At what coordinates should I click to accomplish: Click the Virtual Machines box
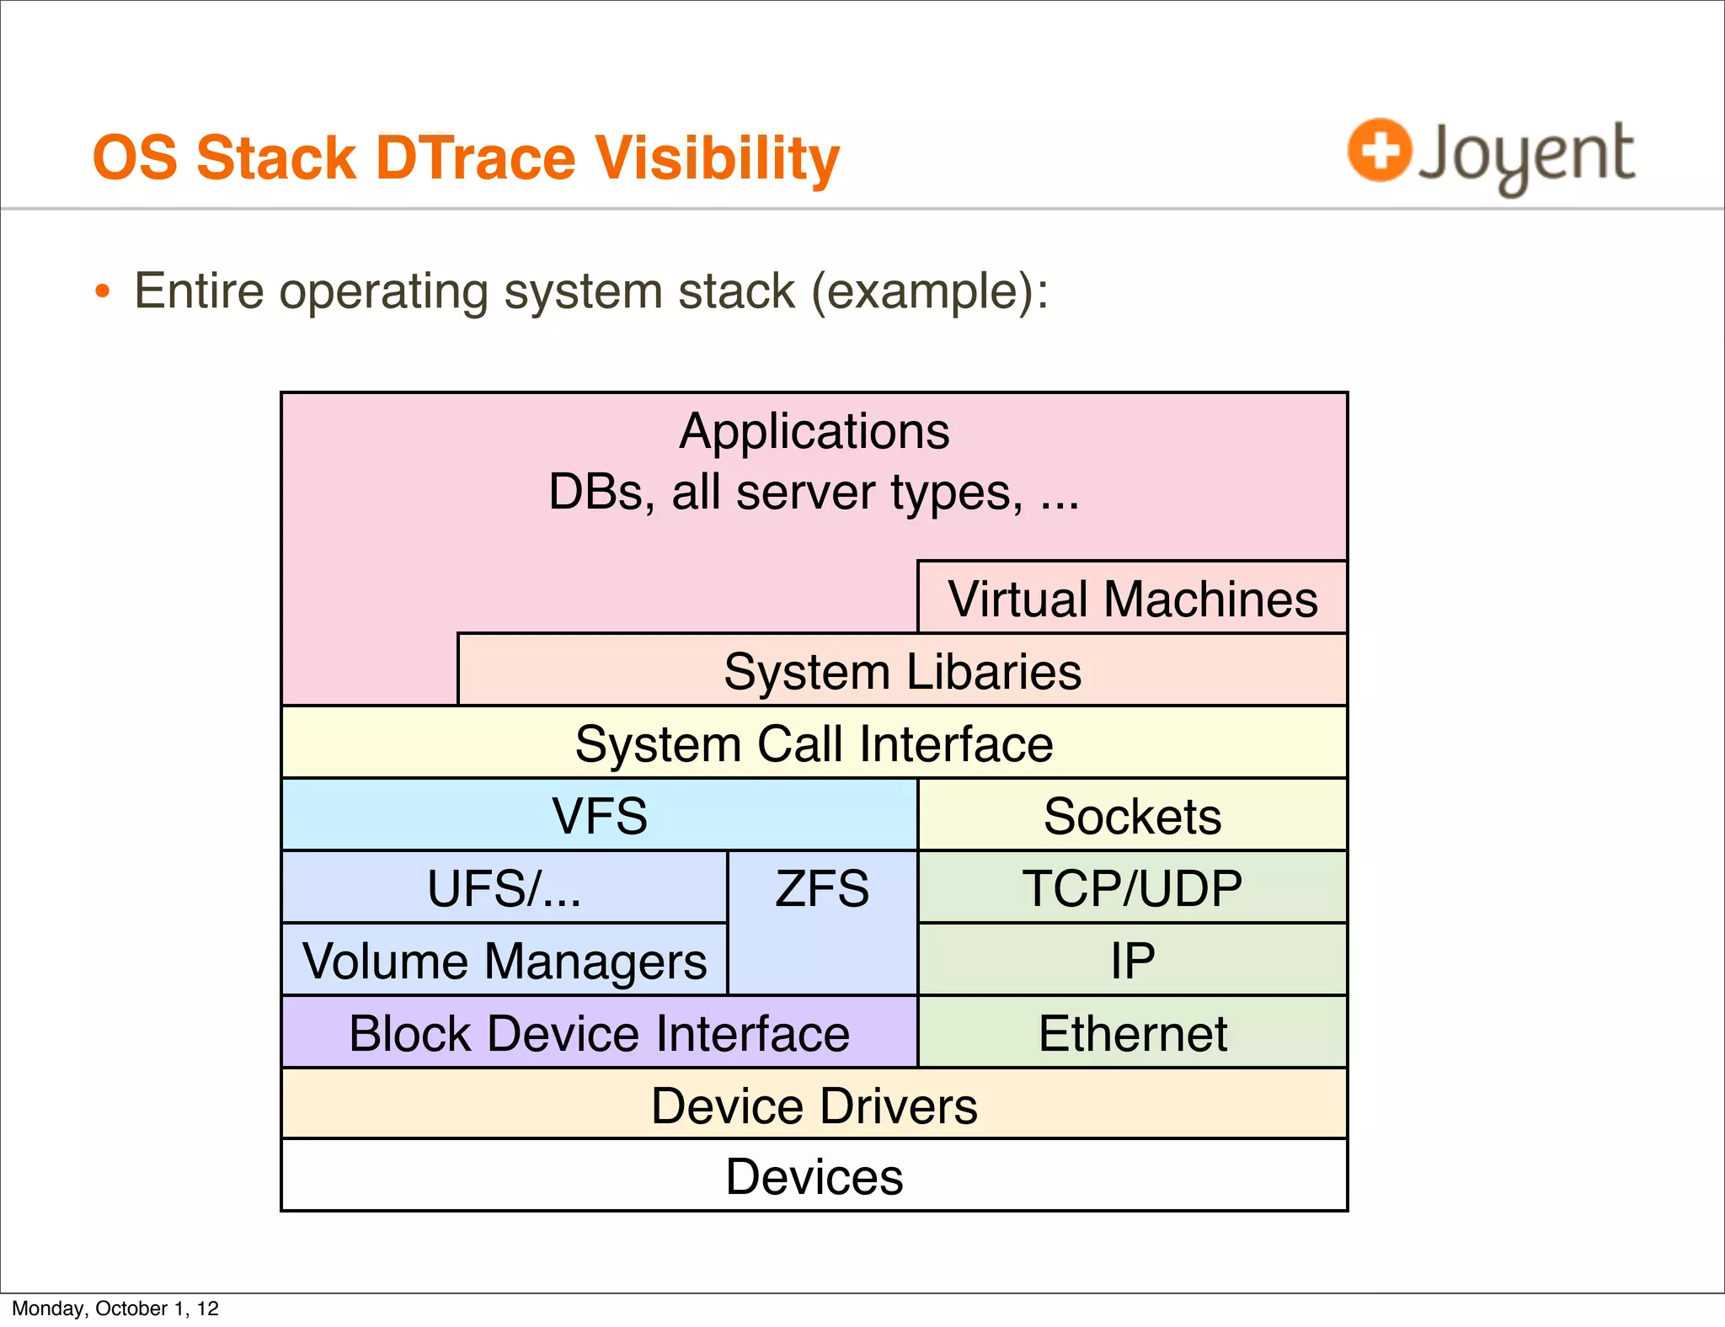[1132, 598]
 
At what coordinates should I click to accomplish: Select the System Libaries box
[902, 671]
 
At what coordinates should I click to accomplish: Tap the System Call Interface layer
[814, 743]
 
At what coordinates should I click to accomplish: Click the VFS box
[600, 815]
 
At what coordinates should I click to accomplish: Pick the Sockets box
[1132, 815]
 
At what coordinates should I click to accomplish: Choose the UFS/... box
[504, 887]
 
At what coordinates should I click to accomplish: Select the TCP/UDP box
[1132, 887]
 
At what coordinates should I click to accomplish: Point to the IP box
[1132, 960]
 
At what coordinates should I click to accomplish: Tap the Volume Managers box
[504, 960]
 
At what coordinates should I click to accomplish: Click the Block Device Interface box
[600, 1032]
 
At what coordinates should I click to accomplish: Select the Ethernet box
[1132, 1032]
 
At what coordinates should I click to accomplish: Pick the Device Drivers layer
[814, 1105]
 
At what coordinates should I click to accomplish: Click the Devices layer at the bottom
[814, 1176]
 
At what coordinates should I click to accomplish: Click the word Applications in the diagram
[814, 431]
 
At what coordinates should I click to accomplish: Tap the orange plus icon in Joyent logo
[1379, 151]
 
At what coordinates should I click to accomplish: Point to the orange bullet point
[103, 292]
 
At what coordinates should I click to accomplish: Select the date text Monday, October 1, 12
[115, 1308]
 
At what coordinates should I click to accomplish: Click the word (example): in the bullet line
[930, 291]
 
